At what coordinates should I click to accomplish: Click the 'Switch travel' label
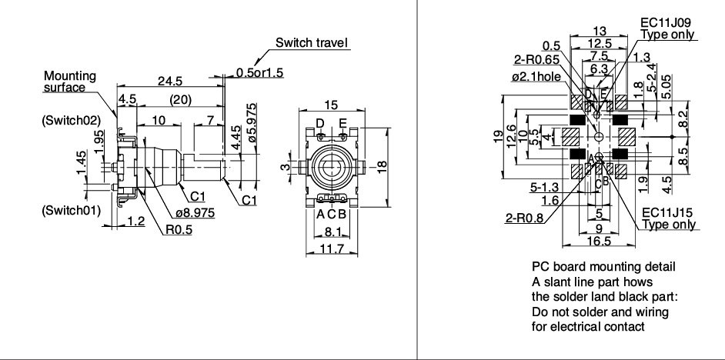click(x=312, y=42)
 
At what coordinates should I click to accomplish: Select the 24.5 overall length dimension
click(x=169, y=80)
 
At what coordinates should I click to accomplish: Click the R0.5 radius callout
click(x=179, y=228)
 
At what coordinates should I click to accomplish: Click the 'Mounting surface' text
click(x=68, y=82)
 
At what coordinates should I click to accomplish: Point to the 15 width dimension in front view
click(x=332, y=104)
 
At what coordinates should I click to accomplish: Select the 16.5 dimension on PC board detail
click(x=599, y=241)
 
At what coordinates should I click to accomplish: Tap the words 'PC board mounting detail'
click(x=603, y=266)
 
